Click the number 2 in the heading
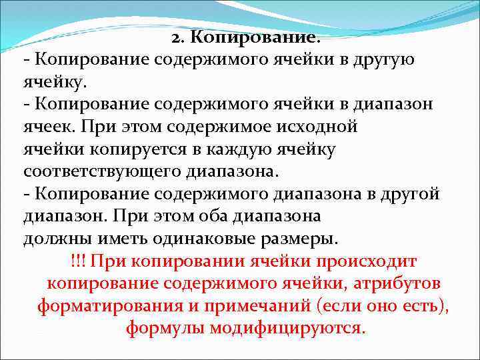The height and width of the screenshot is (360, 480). coord(175,38)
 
